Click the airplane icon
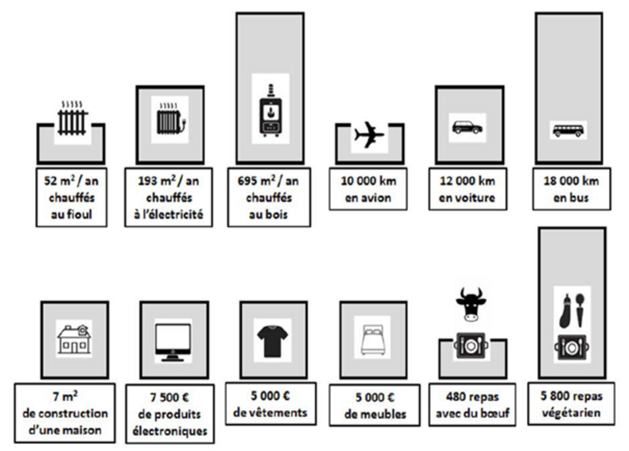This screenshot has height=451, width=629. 369,135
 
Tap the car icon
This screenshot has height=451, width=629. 467,127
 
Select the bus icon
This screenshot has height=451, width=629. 568,130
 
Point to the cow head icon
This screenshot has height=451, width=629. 471,305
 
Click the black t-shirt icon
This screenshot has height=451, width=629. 272,341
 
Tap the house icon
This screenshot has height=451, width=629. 74,339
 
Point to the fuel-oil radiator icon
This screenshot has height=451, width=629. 72,119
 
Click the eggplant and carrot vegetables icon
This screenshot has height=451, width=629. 571,311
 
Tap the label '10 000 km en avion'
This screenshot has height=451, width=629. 368,189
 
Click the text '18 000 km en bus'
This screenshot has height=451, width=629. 571,189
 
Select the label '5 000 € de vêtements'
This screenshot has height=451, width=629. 270,404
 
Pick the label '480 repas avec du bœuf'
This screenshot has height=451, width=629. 472,405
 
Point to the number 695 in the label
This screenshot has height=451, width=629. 246,181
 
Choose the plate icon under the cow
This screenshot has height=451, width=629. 471,346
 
